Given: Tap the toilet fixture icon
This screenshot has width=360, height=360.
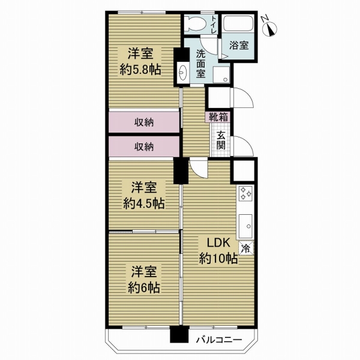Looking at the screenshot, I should tap(194, 24).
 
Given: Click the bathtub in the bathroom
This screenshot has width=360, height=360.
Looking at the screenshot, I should tap(239, 25).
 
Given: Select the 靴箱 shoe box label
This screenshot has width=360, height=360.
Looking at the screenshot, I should tap(218, 118).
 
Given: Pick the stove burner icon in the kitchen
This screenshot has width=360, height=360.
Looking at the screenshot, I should tap(246, 194).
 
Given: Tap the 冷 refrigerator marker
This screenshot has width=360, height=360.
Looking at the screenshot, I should tap(245, 247).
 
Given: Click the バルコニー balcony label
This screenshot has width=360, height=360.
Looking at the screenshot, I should tap(220, 340).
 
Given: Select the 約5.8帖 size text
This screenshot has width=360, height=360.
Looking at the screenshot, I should tap(140, 69).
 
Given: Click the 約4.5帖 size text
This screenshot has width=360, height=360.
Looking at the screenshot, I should tap(144, 203).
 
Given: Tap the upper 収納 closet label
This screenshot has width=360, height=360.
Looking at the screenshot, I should tap(143, 122).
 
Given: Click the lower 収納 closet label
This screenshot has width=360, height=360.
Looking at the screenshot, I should tap(143, 146).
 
